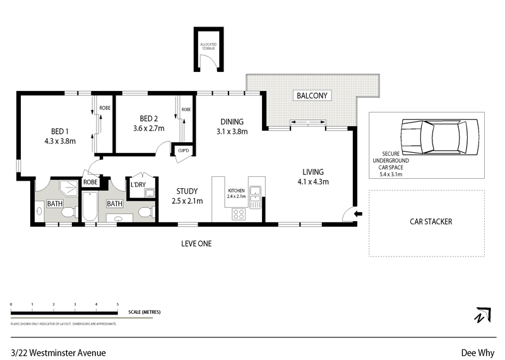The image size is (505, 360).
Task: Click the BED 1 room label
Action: coord(60,132)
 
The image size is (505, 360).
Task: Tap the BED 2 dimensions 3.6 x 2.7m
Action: coord(148,128)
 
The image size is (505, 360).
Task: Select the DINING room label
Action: coord(232,122)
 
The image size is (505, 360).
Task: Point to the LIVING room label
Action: coord(313,172)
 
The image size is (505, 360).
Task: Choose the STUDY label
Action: coord(187,191)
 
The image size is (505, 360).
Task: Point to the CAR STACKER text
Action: coord(431,222)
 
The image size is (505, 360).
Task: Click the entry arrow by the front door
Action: coord(359,215)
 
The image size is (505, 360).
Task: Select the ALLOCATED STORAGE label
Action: coord(208,45)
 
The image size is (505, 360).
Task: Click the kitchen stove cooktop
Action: coord(239,214)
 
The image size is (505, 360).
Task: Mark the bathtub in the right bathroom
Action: coord(90,207)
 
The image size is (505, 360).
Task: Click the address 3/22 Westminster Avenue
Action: coord(58,353)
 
